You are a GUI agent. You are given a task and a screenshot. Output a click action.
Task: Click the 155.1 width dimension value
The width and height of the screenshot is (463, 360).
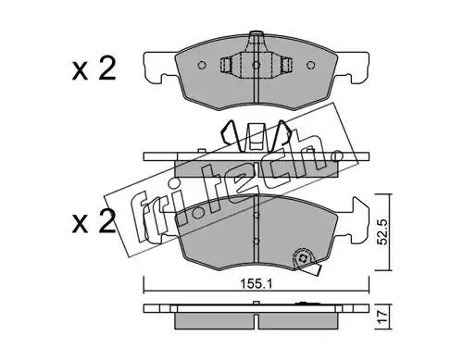click(x=257, y=284)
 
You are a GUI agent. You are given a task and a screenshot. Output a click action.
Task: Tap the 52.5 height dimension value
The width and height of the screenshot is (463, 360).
click(x=382, y=232)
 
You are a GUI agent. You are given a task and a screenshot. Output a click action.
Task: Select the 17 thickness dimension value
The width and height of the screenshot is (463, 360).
click(x=382, y=317)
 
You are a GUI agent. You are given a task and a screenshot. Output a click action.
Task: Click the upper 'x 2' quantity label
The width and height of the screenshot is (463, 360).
click(x=94, y=69)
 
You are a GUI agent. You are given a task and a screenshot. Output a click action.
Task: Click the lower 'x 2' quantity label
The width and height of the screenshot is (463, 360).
click(x=94, y=221)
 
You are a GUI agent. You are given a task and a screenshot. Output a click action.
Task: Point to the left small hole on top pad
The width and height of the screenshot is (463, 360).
click(x=202, y=65)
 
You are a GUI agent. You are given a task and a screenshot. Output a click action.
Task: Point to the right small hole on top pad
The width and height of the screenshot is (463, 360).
click(x=310, y=65)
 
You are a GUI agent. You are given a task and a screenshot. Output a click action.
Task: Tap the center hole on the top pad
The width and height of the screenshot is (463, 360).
click(x=257, y=65)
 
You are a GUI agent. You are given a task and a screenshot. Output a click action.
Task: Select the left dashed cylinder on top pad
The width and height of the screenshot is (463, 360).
click(x=226, y=65)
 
